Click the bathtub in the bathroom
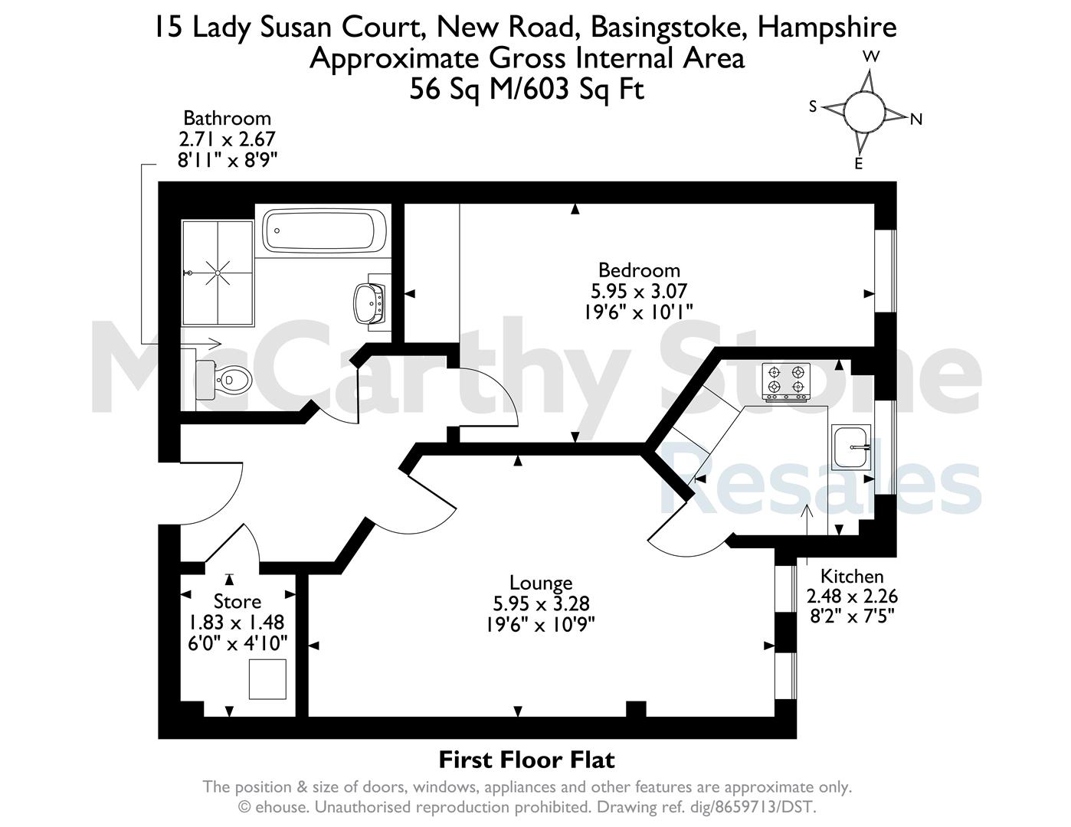324,230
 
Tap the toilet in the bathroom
224,380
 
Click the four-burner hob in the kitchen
786,382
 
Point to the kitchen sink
851,447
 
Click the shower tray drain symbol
218,273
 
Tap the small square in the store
267,679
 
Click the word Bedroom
639,270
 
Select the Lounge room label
541,583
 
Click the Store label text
237,601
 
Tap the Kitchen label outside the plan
852,577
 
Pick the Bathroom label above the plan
228,118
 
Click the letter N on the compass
915,119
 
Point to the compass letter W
871,57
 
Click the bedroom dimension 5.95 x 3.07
639,291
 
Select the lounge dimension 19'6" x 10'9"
541,625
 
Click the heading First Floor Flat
526,760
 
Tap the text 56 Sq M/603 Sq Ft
526,90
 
